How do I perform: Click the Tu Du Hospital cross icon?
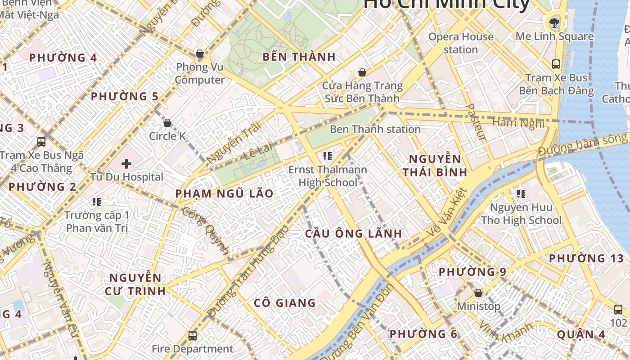tap(126, 164)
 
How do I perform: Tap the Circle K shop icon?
tap(167, 123)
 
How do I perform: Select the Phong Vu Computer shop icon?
tap(200, 54)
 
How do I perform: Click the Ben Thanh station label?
tap(375, 130)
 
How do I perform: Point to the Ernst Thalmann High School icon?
tap(328, 157)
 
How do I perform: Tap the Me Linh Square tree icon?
tap(554, 22)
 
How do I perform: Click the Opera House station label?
tap(461, 43)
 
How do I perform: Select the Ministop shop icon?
tap(478, 293)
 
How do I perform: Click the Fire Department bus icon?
tap(193, 335)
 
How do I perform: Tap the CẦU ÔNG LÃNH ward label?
tap(353, 234)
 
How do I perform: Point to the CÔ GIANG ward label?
tap(284, 303)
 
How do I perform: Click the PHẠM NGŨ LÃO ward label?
tap(224, 193)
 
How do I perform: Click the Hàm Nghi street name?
tap(518, 123)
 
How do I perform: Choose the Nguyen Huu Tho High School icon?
tap(521, 194)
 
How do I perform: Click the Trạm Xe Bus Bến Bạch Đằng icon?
tap(556, 64)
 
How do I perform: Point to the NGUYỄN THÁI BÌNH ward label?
tap(435, 165)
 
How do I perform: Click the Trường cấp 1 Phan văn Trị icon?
tap(97, 202)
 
